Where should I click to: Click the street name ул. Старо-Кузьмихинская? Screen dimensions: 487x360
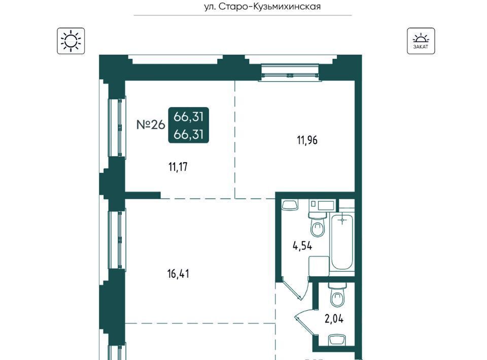point(262,7)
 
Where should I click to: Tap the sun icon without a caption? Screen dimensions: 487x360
point(71,41)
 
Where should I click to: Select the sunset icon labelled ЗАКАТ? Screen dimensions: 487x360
point(421,41)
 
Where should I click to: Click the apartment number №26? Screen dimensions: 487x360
point(151,125)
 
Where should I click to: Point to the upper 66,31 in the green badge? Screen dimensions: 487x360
point(189,117)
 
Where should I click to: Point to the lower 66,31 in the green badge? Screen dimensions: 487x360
point(189,134)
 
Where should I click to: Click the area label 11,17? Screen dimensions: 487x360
point(178,167)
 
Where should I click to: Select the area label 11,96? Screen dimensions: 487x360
point(307,140)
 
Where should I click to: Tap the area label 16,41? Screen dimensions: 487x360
point(178,274)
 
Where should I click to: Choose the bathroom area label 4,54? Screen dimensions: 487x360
point(302,246)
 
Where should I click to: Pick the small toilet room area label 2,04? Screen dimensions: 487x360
point(334,319)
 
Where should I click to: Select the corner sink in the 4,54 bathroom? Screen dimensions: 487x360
point(290,205)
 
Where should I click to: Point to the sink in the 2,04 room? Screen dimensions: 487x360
point(337,340)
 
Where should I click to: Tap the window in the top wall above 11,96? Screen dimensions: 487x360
point(290,73)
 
